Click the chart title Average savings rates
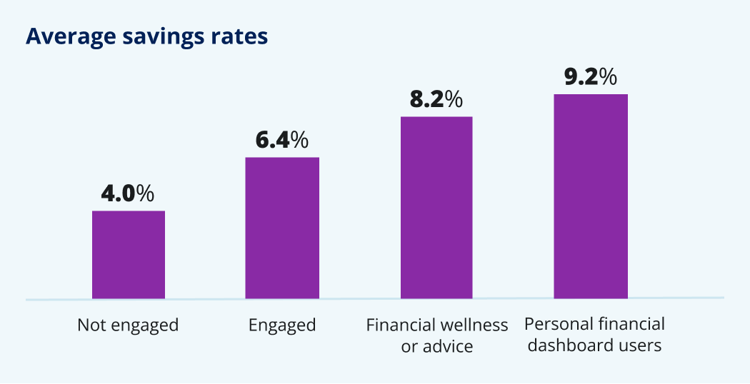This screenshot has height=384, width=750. [x=146, y=37]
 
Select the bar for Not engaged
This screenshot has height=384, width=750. [x=129, y=254]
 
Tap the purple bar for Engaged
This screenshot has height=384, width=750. [x=282, y=227]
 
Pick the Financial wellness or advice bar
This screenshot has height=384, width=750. [x=436, y=207]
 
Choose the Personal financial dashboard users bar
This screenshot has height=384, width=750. [x=591, y=196]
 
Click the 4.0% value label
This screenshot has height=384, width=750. [x=127, y=194]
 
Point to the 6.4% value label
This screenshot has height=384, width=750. [x=282, y=141]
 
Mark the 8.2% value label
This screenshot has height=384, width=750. [x=436, y=99]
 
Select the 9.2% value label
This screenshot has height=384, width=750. [x=591, y=77]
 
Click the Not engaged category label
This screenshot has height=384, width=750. [x=128, y=325]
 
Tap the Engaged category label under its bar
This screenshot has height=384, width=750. [x=282, y=325]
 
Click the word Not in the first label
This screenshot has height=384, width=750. [x=91, y=325]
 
